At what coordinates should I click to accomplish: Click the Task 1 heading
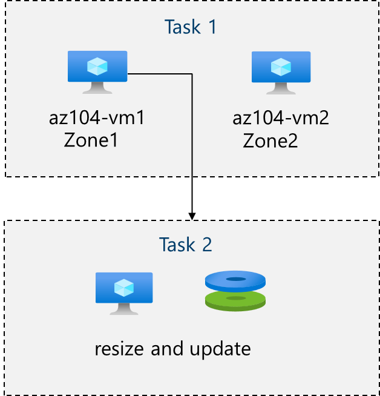(190, 27)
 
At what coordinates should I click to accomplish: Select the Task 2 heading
(186, 245)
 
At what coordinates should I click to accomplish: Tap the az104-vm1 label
(97, 117)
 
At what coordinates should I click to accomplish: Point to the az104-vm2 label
(281, 117)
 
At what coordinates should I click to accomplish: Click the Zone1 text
(90, 140)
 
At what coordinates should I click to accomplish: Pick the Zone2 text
(270, 140)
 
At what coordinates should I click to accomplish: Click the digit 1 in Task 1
(211, 27)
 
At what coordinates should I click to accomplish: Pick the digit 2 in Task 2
(207, 245)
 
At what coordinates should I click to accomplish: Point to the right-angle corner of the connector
(192, 74)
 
